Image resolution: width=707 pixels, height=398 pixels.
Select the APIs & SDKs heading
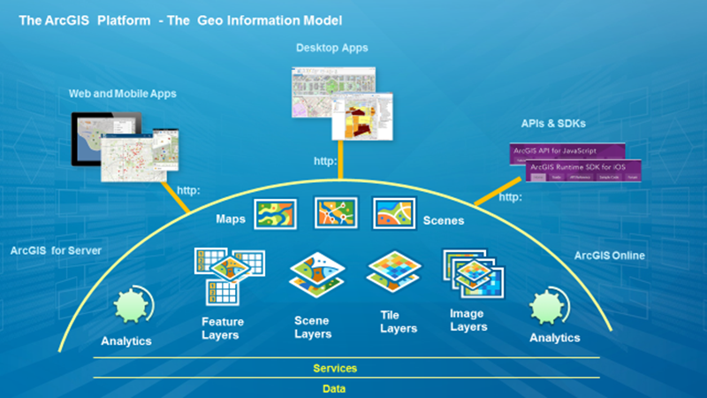pos(554,123)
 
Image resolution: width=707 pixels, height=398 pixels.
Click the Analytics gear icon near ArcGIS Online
pos(547,308)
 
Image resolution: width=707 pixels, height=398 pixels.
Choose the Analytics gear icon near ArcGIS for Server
pos(133,309)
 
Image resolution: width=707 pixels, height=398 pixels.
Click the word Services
pos(335,368)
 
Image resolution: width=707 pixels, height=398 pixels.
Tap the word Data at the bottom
pos(334,388)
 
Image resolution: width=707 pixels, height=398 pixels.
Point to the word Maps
pos(231,218)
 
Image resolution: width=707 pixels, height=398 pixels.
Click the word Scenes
pos(444,220)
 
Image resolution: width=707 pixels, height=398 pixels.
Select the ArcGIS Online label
pos(610,256)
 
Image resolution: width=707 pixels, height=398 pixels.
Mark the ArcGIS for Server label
pos(57,251)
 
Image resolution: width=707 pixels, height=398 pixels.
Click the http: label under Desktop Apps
pos(326,162)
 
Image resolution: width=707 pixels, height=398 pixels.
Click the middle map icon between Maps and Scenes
pos(336,213)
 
